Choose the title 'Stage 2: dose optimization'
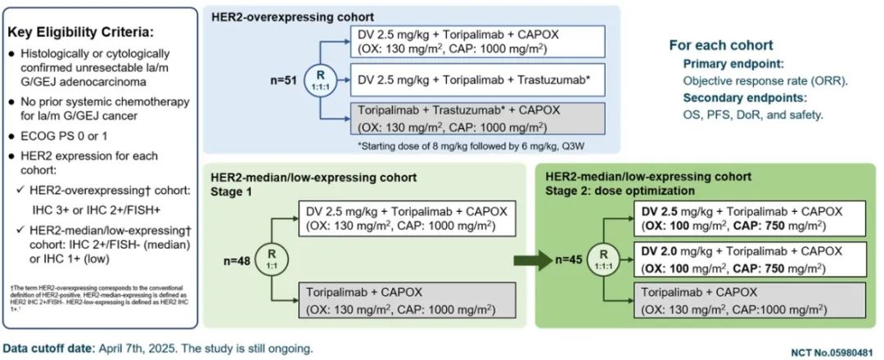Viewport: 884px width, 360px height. tap(615, 190)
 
